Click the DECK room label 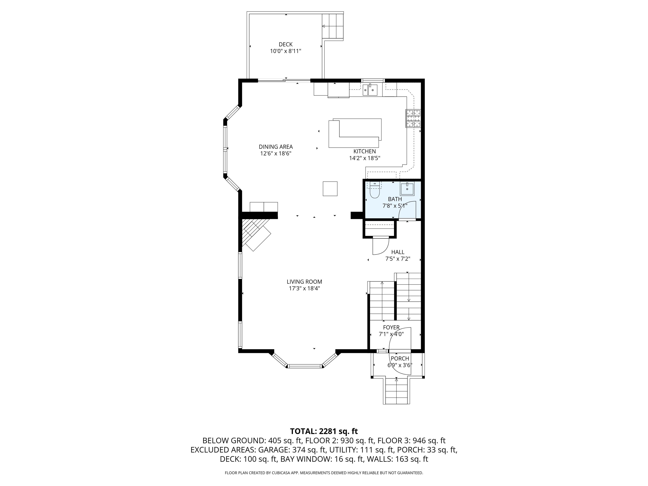tap(285, 44)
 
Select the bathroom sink tap(407, 189)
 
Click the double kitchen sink tap(370, 90)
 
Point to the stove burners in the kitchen tap(413, 118)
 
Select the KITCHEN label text tap(364, 151)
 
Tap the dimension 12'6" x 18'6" tap(276, 154)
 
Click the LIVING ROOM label tap(304, 282)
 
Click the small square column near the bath tap(330, 189)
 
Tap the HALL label tap(398, 252)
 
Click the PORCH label tap(400, 358)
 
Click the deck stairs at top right tap(333, 26)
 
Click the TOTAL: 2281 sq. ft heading tap(324, 431)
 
